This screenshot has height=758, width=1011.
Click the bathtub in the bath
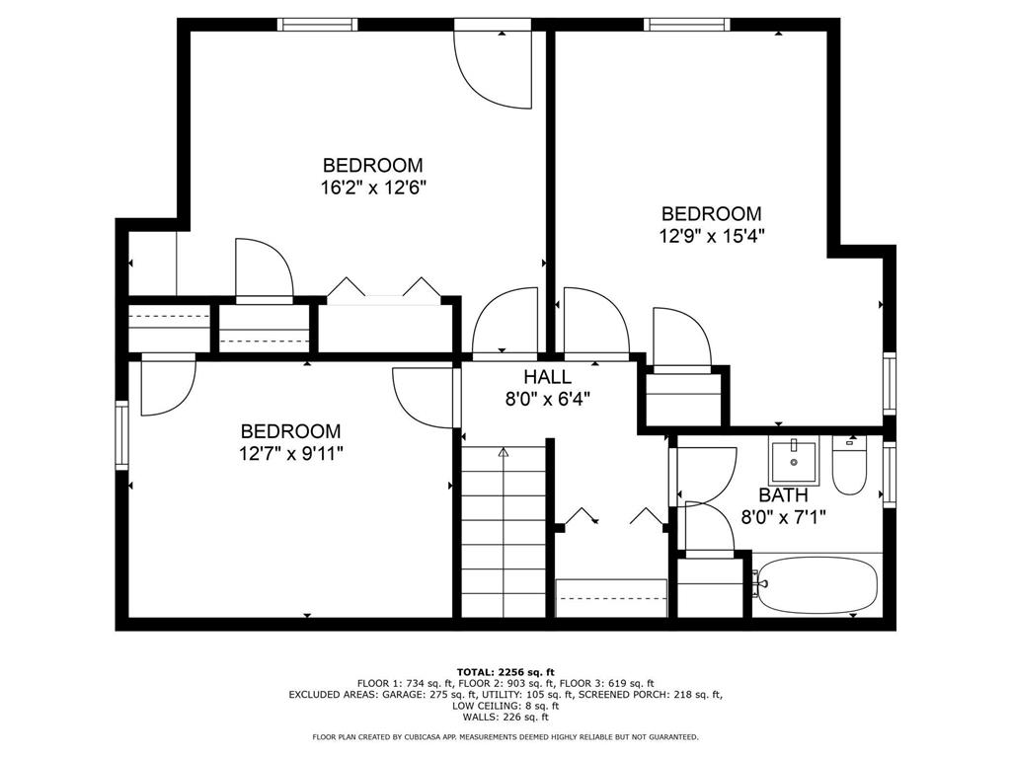[x=817, y=585]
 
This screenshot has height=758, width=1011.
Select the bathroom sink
[x=794, y=461]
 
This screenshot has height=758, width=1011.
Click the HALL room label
[x=547, y=377]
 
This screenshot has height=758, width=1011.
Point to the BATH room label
[x=783, y=495]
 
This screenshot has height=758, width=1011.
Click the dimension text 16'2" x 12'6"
[x=374, y=189]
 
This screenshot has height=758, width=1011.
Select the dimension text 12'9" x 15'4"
[x=711, y=236]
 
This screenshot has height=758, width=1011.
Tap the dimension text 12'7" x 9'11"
[x=290, y=454]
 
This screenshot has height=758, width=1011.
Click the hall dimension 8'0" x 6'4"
[x=547, y=400]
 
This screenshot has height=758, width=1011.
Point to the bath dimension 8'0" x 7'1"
[x=783, y=517]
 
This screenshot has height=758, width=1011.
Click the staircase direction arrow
[x=504, y=452]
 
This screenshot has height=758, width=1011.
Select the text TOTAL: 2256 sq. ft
[x=505, y=671]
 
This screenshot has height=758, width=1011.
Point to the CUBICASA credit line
[x=505, y=736]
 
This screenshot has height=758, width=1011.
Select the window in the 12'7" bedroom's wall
[x=121, y=435]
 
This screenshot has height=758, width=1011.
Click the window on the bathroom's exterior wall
[x=890, y=474]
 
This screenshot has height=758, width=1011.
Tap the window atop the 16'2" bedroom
[x=317, y=25]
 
